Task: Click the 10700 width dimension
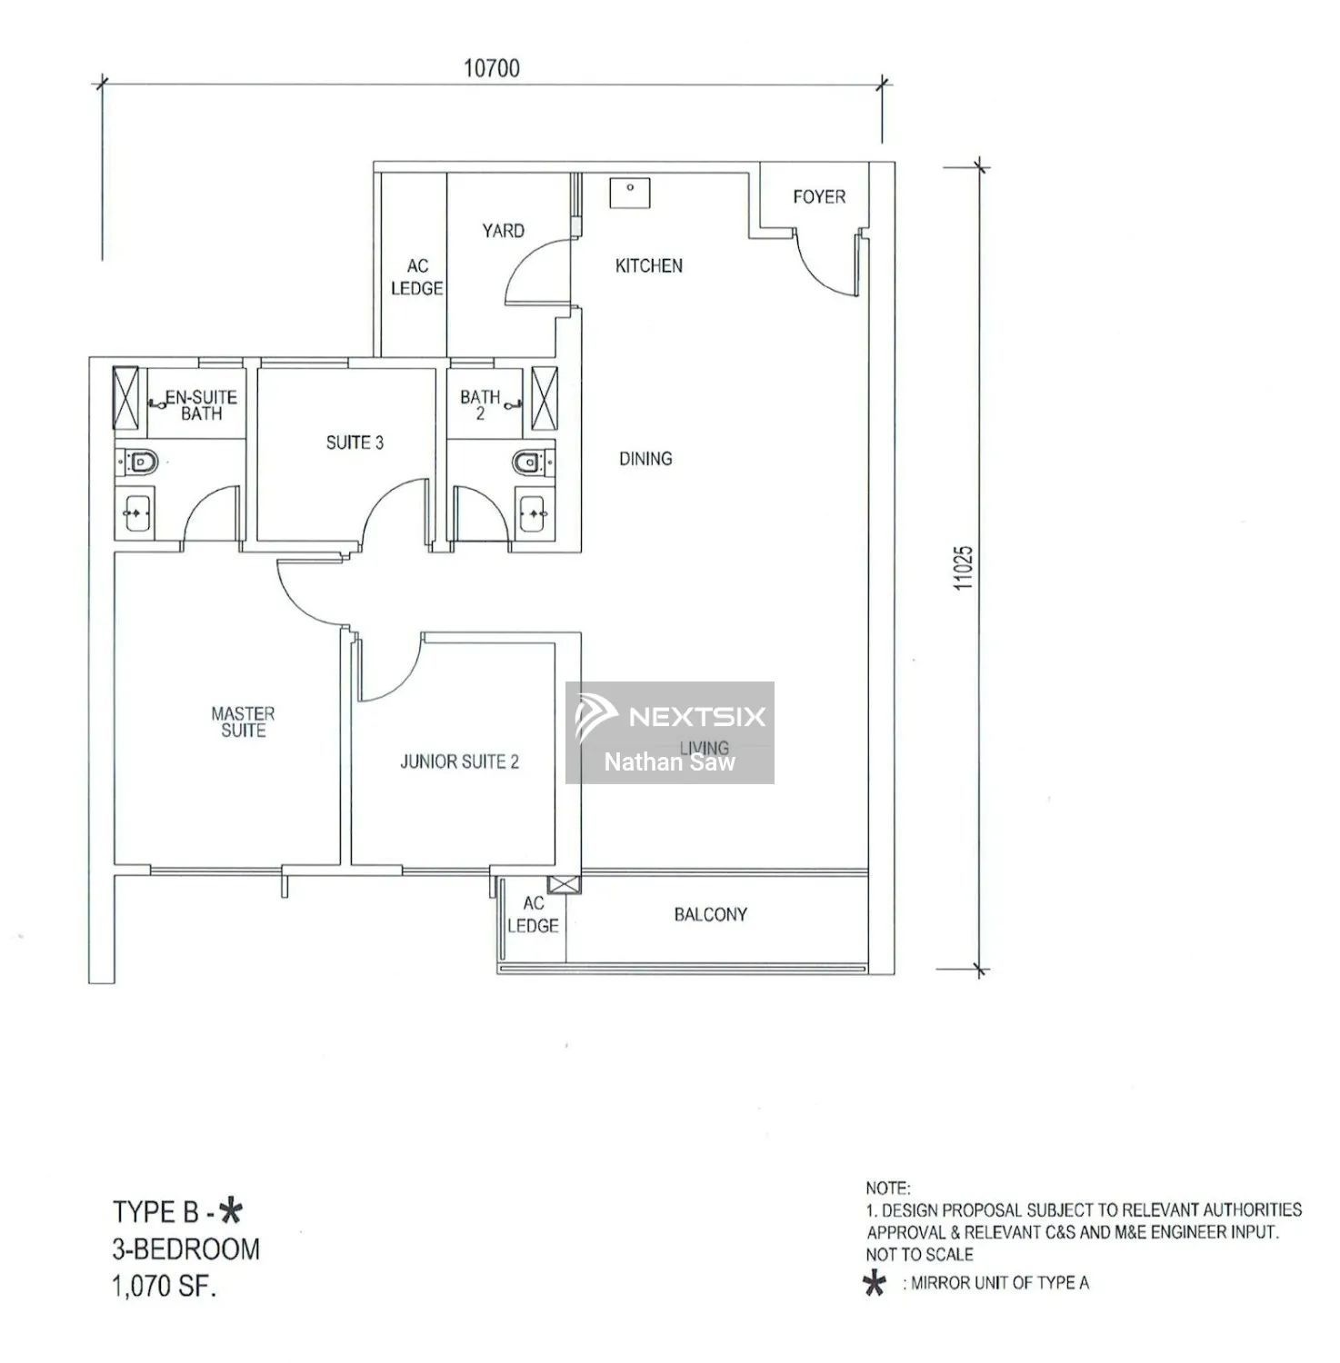click(x=491, y=68)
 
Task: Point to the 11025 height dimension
click(x=964, y=568)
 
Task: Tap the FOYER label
click(x=818, y=196)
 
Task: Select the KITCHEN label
click(x=648, y=265)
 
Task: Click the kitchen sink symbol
click(x=630, y=193)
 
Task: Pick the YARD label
click(x=503, y=231)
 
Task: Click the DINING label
click(x=645, y=459)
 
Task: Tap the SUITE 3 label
click(x=355, y=443)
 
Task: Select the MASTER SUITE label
click(x=243, y=722)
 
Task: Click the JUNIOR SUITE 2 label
click(x=459, y=761)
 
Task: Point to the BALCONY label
click(x=710, y=914)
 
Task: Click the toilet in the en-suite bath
click(x=141, y=463)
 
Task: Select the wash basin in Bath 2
click(x=532, y=513)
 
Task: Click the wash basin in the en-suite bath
click(x=137, y=513)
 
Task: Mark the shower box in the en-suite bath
click(x=125, y=397)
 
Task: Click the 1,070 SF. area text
click(x=165, y=1287)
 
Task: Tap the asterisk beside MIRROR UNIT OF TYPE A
click(x=875, y=1283)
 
